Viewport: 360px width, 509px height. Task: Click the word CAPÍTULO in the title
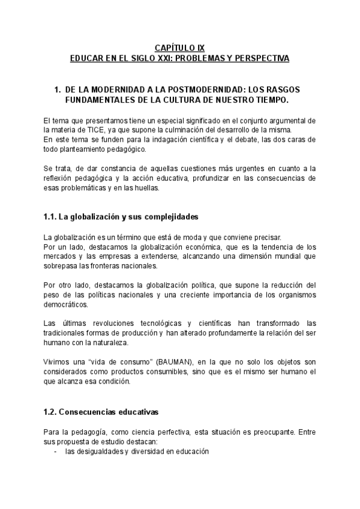(x=172, y=48)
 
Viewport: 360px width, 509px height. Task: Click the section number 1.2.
(x=52, y=412)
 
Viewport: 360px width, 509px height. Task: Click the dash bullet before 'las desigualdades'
(x=56, y=451)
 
